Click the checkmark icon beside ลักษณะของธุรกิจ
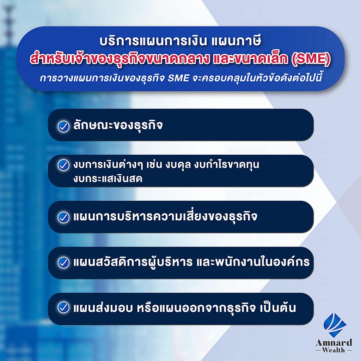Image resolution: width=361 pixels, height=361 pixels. [63, 126]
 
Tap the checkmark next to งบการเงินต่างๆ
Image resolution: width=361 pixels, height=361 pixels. [63, 165]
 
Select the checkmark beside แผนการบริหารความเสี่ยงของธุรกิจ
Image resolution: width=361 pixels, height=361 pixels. [63, 217]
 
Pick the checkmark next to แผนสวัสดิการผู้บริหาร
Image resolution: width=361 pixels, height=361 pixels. [63, 263]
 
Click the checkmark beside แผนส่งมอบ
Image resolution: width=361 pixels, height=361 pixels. [63, 307]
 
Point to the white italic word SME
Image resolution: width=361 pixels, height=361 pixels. [178, 78]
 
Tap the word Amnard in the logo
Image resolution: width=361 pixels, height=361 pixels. [334, 342]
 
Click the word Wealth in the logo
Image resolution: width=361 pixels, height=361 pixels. [334, 350]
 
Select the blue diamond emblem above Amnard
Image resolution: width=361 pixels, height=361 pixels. [335, 325]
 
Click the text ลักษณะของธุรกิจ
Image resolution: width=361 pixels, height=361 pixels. [118, 126]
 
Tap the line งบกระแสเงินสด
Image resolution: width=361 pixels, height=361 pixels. [108, 179]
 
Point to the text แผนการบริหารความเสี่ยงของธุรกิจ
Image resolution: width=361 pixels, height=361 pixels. [165, 217]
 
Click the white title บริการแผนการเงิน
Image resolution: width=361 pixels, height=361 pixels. [152, 41]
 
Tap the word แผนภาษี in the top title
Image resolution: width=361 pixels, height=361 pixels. [236, 41]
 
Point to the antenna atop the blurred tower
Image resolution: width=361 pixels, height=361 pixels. [8, 23]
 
